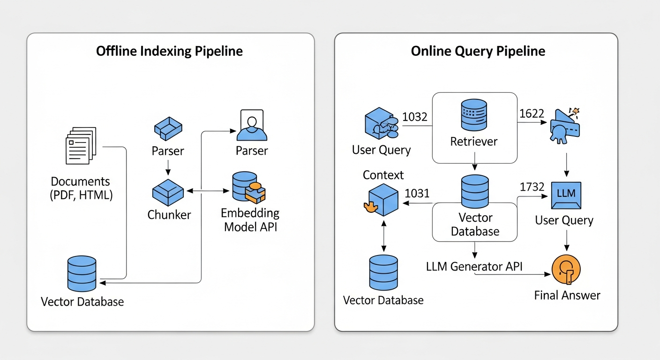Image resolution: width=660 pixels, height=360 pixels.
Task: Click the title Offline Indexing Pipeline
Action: click(169, 51)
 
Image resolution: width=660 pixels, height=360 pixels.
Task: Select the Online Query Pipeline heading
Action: click(478, 51)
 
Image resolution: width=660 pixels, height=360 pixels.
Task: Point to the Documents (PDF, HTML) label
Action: click(81, 188)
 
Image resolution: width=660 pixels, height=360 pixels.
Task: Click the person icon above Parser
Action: click(252, 125)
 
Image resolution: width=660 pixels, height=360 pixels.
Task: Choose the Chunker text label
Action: click(169, 215)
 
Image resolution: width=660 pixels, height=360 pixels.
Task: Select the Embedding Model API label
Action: click(250, 220)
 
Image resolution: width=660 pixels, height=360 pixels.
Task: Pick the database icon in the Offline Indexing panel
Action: click(82, 273)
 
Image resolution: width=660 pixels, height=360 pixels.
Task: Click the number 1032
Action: click(415, 117)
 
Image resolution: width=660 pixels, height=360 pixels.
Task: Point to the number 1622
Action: click(532, 113)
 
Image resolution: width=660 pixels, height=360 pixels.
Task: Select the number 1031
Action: click(417, 193)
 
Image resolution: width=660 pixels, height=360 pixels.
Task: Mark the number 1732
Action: click(532, 187)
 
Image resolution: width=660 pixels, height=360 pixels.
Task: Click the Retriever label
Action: click(474, 141)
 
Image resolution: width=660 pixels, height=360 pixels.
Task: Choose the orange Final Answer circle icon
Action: click(566, 270)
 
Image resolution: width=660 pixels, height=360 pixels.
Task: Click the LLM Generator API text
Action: click(474, 266)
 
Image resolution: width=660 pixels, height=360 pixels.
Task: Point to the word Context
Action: click(383, 175)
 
